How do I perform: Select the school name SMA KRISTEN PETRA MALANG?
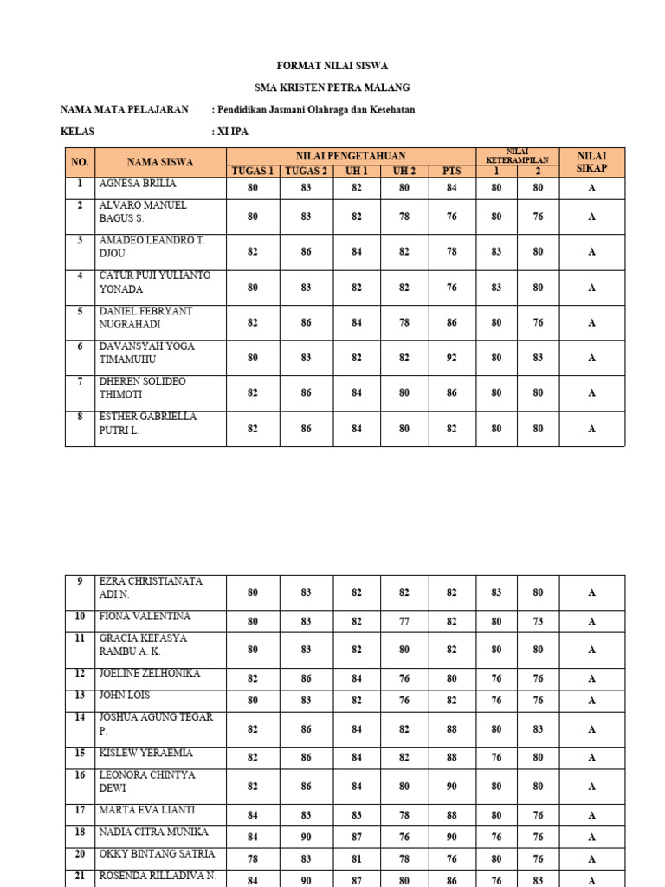click(332, 87)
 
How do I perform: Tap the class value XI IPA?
click(229, 133)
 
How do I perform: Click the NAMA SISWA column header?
click(160, 162)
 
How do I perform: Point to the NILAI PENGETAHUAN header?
click(351, 155)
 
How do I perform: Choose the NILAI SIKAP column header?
click(591, 162)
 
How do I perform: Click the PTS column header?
click(452, 171)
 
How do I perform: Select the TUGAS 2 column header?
click(306, 171)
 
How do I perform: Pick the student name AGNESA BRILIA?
click(138, 184)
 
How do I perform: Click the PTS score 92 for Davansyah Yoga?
click(452, 358)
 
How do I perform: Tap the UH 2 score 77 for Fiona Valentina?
click(404, 621)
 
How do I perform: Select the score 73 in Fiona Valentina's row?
click(538, 621)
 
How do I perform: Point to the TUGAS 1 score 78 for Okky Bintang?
click(252, 859)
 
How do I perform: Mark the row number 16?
click(80, 775)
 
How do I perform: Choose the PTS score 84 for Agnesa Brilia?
click(452, 188)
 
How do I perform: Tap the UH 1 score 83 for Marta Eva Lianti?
click(357, 815)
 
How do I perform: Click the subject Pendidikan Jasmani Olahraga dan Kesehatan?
click(313, 110)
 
